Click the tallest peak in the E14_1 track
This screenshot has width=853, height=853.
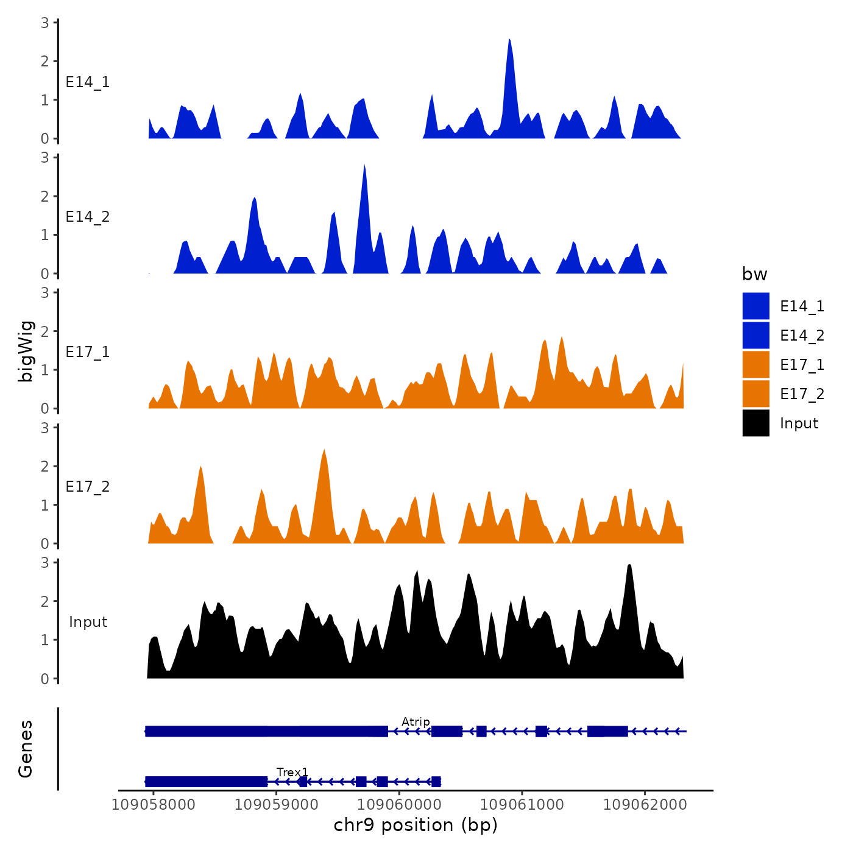(x=509, y=41)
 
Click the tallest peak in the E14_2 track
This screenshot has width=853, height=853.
(x=364, y=167)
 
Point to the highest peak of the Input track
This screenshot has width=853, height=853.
(x=629, y=567)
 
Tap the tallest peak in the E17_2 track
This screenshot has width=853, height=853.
(x=324, y=451)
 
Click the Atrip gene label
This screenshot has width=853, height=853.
(x=416, y=721)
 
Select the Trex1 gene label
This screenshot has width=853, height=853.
(x=292, y=772)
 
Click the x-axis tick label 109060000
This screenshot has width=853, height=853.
(x=399, y=804)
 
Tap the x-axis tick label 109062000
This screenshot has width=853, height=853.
(x=645, y=804)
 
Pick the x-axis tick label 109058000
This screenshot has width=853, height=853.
(x=154, y=804)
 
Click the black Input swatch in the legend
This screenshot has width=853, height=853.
(x=756, y=423)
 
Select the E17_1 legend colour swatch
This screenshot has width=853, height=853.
(x=756, y=364)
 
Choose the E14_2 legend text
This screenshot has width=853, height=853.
(x=802, y=335)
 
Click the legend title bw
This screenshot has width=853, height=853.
(x=754, y=274)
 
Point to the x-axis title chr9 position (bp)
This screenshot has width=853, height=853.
(x=416, y=825)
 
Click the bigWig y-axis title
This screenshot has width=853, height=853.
(x=26, y=351)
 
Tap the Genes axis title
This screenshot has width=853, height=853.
(x=26, y=749)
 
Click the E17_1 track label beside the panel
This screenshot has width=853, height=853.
(x=88, y=352)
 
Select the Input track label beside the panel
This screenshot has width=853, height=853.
(x=88, y=621)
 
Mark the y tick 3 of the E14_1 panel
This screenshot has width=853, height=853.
(x=45, y=23)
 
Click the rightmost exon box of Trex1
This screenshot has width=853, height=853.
(x=436, y=782)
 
